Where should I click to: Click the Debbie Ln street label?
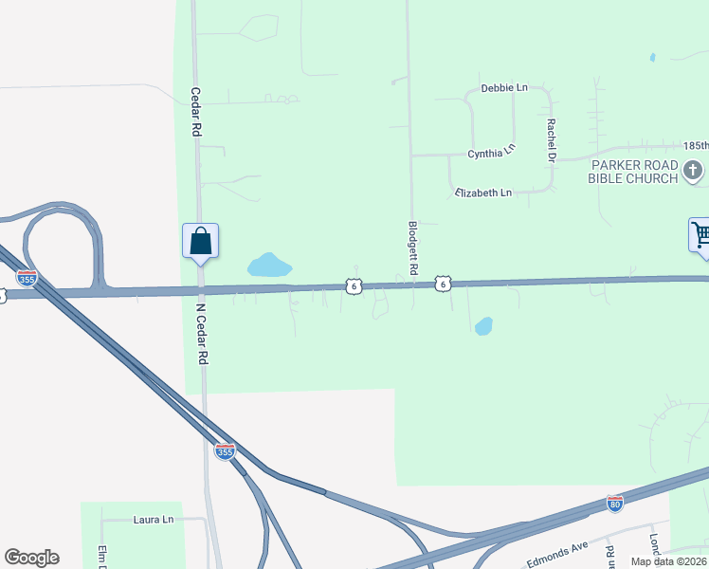pos(504,88)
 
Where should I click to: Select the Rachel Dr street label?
pos(550,139)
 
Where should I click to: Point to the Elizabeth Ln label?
pos(483,193)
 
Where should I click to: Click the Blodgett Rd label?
pos(412,248)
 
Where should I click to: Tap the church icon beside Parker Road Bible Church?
pos(693,171)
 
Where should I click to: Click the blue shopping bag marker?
pos(201,240)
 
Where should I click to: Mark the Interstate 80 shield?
pos(615,503)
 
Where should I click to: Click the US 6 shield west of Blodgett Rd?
pos(353,284)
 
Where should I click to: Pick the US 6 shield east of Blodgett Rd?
pos(443,283)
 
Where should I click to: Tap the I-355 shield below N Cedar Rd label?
pos(225,451)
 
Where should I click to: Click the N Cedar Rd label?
pos(201,335)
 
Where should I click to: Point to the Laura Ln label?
pos(154,520)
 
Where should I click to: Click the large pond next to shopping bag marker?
pos(268,265)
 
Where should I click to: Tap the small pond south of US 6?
pos(483,326)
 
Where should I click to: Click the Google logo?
pos(31,558)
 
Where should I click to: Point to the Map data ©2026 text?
pos(669,561)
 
